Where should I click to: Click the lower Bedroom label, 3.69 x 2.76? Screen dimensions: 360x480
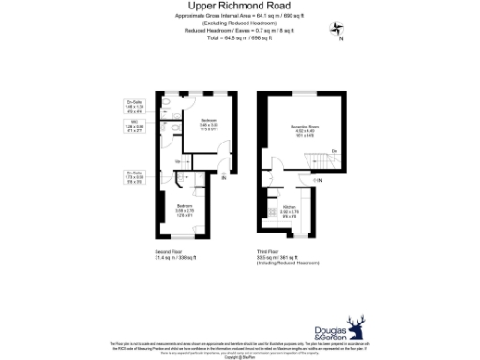[x=185, y=209]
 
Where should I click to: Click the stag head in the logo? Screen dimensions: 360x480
[x=357, y=327]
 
